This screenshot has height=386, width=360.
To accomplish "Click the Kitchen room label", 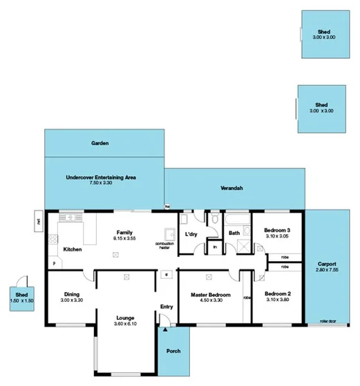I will (x=73, y=249).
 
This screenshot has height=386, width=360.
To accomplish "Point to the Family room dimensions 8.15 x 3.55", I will (x=124, y=238).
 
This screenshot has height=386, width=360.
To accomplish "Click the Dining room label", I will (x=71, y=293).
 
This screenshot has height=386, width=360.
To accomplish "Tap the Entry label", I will (x=166, y=307).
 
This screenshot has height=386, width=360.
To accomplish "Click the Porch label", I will (x=173, y=351).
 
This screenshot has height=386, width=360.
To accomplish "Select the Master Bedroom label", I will (x=210, y=294).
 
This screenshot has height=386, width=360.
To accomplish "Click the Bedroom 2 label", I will (x=278, y=294).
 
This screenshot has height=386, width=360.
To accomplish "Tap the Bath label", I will (x=234, y=233).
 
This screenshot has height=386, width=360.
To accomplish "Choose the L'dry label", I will (x=193, y=234).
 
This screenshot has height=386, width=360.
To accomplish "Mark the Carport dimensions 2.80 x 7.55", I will (x=328, y=270).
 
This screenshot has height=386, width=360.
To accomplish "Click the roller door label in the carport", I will (x=328, y=322).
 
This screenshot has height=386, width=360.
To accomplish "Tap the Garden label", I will (x=100, y=143).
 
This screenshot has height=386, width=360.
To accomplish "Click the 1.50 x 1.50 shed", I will (x=22, y=297).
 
